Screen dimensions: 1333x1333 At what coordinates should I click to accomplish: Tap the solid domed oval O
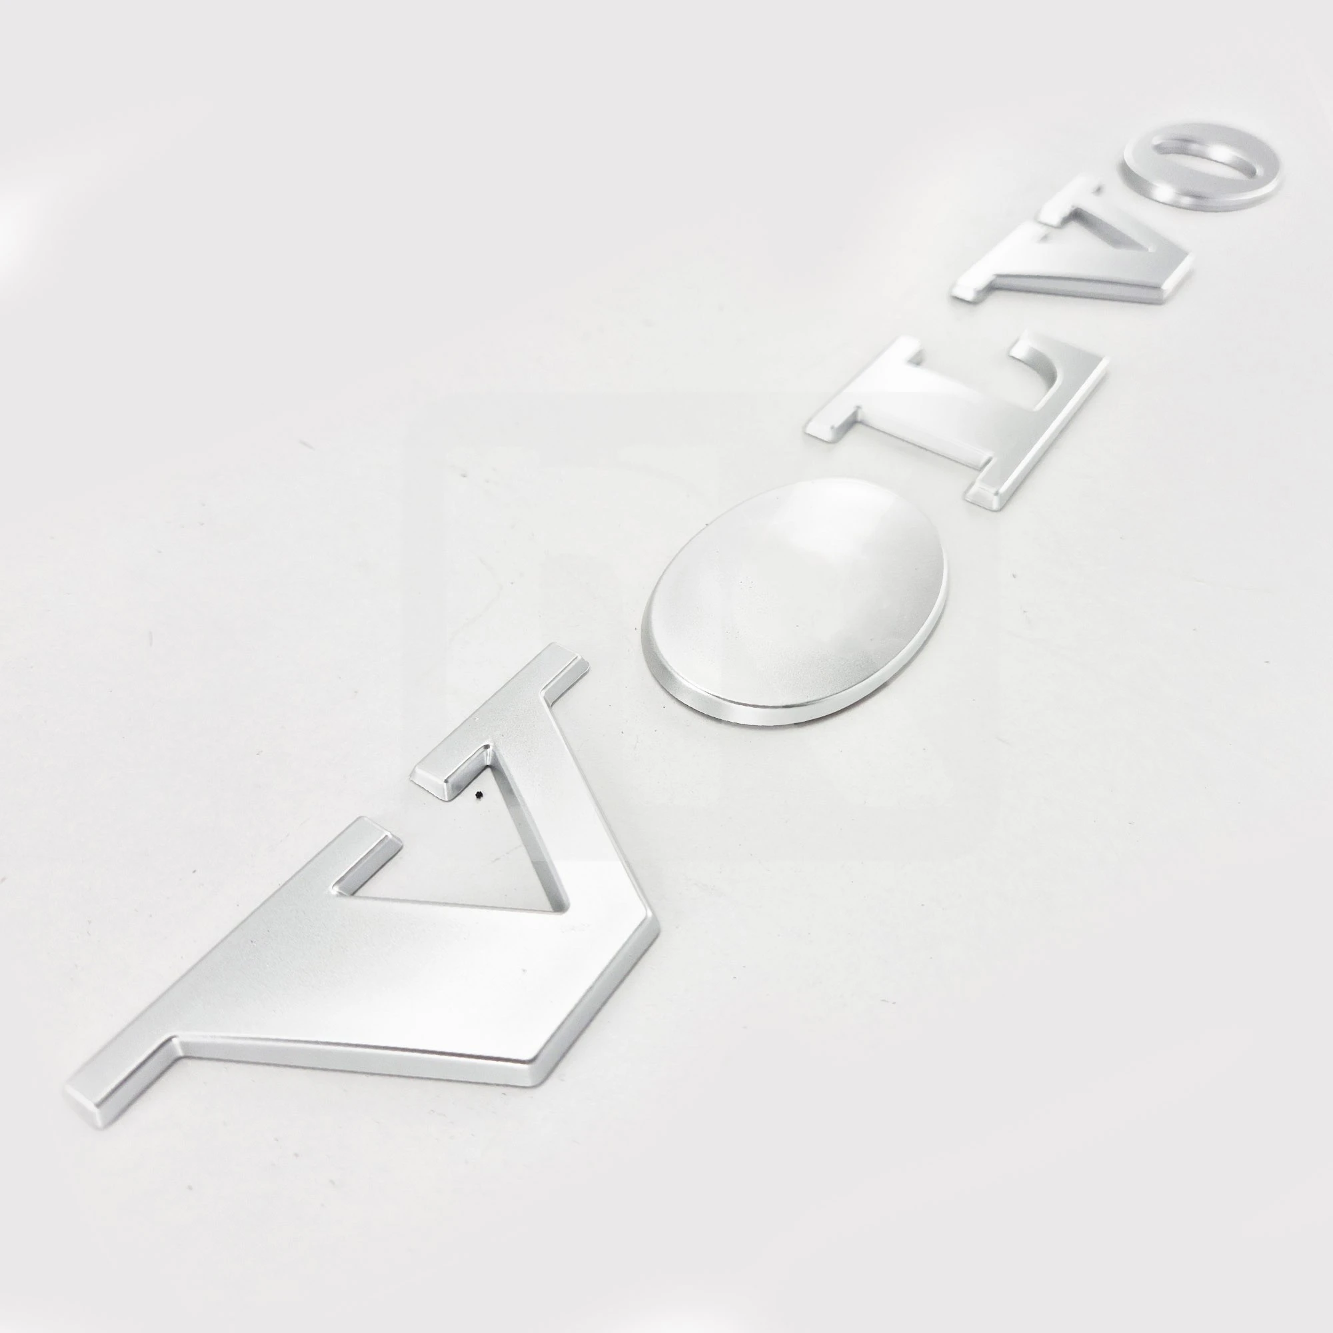793,601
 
